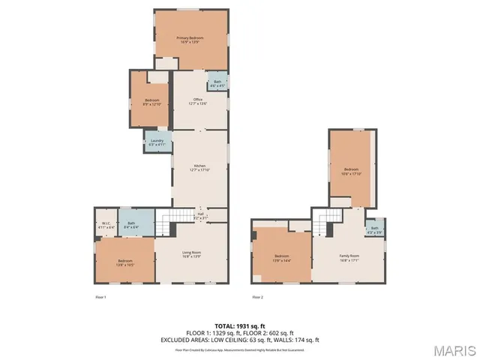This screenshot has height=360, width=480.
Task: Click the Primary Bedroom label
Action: [x=190, y=40]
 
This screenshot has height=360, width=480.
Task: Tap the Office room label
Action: [x=198, y=101]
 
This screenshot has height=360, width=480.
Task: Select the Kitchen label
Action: [x=200, y=167]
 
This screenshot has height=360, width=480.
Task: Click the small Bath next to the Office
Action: [x=217, y=83]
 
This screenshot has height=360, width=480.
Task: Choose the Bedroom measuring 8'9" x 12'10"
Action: [x=152, y=102]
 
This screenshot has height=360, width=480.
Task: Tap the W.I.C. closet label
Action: [x=105, y=224]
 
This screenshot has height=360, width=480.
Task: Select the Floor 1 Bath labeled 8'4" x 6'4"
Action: [x=130, y=224]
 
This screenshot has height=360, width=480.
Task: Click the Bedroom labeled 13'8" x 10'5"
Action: [x=124, y=262]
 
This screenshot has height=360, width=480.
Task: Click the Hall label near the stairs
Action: [x=201, y=216]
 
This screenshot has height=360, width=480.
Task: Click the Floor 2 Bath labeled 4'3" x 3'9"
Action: [x=374, y=230]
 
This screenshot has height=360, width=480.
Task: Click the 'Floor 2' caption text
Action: [x=258, y=298]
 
